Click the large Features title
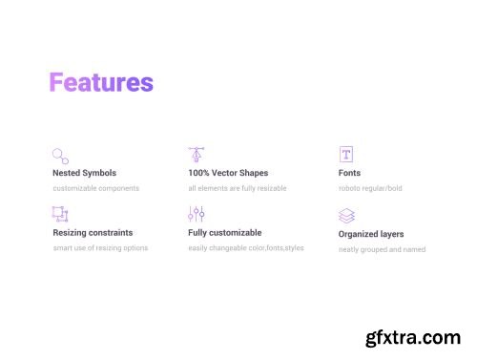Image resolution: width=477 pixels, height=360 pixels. click(x=101, y=83)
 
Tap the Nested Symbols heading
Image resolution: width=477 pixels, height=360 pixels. click(x=85, y=174)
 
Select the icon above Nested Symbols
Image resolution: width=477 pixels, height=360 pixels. click(x=60, y=156)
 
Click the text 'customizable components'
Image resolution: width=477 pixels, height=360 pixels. click(x=96, y=188)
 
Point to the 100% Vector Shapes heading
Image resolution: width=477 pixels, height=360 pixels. click(x=228, y=174)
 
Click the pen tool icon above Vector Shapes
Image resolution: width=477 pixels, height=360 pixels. click(x=197, y=155)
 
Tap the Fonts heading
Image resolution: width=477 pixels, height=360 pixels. click(x=349, y=174)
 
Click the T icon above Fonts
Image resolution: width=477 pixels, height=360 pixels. click(x=346, y=155)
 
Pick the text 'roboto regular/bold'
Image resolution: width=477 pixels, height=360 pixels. click(x=370, y=188)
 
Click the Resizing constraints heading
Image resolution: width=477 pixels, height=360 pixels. click(x=93, y=233)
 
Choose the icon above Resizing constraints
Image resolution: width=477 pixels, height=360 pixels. click(x=60, y=215)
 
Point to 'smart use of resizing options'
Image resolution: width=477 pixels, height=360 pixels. click(x=100, y=248)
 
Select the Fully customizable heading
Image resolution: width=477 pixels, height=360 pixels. click(x=225, y=233)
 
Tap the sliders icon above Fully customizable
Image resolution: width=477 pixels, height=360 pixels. click(x=197, y=214)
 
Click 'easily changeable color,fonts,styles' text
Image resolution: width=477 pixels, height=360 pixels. click(x=246, y=248)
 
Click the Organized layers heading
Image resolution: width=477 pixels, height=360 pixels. click(x=371, y=234)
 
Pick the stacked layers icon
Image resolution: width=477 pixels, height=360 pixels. click(x=346, y=216)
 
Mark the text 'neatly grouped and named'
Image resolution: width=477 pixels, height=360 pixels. click(x=382, y=250)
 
